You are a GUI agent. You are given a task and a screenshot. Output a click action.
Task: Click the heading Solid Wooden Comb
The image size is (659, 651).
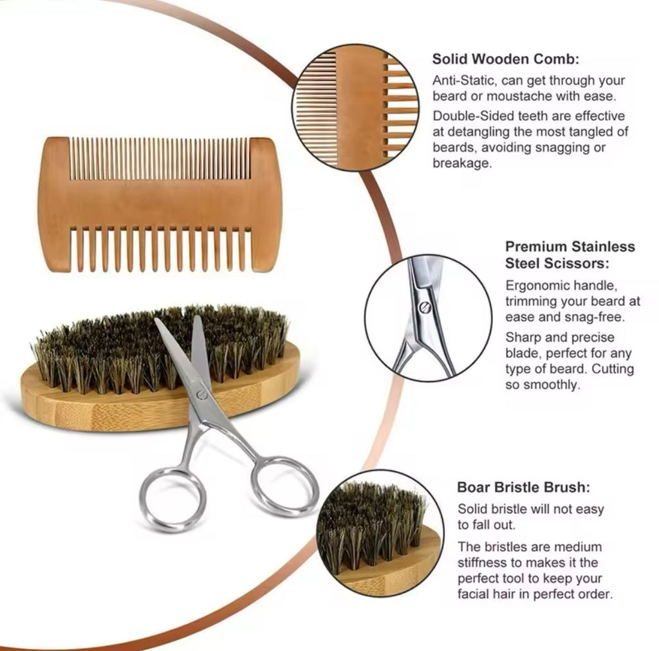click(x=505, y=59)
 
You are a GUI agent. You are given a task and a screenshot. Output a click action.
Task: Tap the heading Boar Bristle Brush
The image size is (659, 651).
click(x=523, y=487)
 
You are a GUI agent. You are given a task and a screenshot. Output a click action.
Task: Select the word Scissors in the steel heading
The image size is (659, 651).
click(x=577, y=263)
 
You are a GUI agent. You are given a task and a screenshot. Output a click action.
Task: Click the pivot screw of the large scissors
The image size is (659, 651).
click(x=202, y=391)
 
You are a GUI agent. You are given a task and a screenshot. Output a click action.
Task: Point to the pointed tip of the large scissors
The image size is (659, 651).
click(x=158, y=320)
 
